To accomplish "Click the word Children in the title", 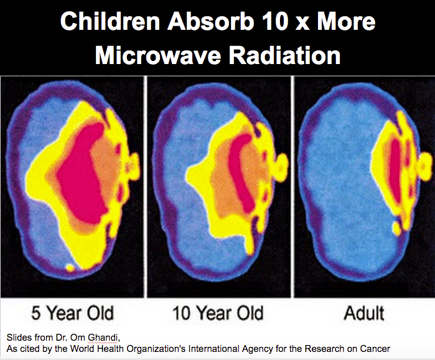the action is click(110, 22).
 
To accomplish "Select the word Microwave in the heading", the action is click(158, 55).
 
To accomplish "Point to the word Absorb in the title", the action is click(211, 22).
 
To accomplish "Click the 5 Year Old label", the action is click(72, 313).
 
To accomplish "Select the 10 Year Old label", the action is click(218, 313).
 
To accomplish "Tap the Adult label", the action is click(364, 313).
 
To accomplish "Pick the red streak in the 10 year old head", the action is click(242, 172).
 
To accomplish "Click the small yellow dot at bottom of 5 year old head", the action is click(70, 267).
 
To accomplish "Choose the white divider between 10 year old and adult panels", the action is click(292, 187).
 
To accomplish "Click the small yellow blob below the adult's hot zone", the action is click(396, 228).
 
